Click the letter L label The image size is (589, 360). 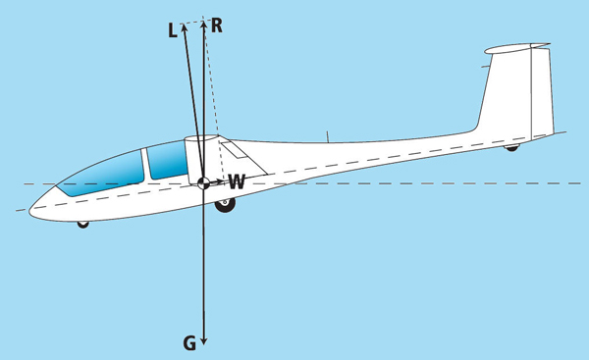pyautogui.click(x=173, y=30)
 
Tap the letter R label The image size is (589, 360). pyautogui.click(x=217, y=26)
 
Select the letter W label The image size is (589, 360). pyautogui.click(x=237, y=181)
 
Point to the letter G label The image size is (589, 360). pyautogui.click(x=189, y=343)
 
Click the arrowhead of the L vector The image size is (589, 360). pyautogui.click(x=184, y=27)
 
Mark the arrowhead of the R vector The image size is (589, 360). pyautogui.click(x=203, y=26)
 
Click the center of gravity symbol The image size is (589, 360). pyautogui.click(x=203, y=182)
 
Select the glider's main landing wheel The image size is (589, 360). pyautogui.click(x=225, y=205)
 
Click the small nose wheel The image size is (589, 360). pyautogui.click(x=83, y=225)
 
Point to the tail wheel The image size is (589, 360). pyautogui.click(x=511, y=148)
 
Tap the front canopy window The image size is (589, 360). pyautogui.click(x=101, y=173)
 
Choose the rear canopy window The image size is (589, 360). pyautogui.click(x=167, y=160)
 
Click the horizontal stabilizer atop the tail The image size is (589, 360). pyautogui.click(x=517, y=48)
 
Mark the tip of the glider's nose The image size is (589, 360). pyautogui.click(x=29, y=211)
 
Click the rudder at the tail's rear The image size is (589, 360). pyautogui.click(x=542, y=92)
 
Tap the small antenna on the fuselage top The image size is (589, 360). pyautogui.click(x=328, y=137)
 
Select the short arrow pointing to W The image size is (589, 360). pyautogui.click(x=216, y=182)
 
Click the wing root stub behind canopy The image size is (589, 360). pyautogui.click(x=201, y=160)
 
